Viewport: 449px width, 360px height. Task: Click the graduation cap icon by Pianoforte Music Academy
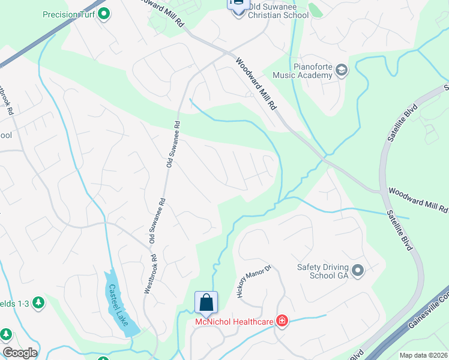342,71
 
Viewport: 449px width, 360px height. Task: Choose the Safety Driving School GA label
323,272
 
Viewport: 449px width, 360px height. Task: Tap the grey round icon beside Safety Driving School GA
358,272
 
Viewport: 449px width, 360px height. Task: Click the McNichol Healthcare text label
235,322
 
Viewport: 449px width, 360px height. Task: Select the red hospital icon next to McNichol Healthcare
281,322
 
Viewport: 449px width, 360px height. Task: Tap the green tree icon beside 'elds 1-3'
39,302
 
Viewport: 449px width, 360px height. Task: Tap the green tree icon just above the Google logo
6,334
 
